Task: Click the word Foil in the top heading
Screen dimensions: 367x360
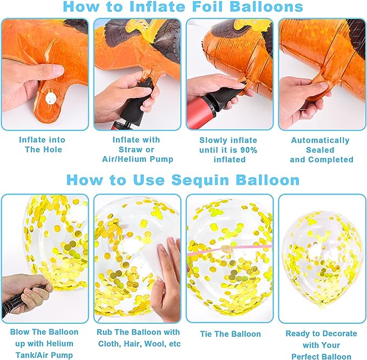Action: (x=209, y=6)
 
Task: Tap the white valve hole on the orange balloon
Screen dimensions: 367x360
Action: (x=51, y=98)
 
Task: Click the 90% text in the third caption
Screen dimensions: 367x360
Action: (x=248, y=150)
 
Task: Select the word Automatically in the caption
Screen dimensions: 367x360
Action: (x=320, y=141)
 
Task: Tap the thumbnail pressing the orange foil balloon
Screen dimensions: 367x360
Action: (x=58, y=70)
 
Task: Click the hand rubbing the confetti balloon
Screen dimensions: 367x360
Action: (x=166, y=279)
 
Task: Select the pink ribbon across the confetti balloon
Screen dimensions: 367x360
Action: (x=230, y=250)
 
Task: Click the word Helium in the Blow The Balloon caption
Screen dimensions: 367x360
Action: (x=60, y=344)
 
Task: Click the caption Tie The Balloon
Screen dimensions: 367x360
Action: (x=230, y=334)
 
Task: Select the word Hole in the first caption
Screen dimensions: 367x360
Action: (x=53, y=150)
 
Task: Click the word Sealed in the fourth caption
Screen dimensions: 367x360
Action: (x=320, y=150)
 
